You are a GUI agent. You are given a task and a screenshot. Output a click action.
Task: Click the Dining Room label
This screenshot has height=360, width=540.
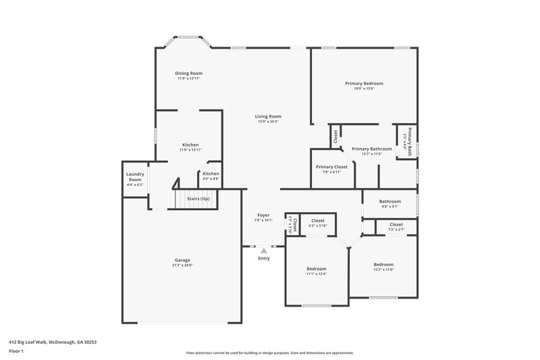pyautogui.click(x=189, y=73)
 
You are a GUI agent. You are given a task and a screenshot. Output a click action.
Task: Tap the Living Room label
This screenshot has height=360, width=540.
pyautogui.click(x=268, y=116)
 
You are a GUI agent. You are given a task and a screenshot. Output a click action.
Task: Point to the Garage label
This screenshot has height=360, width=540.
pyautogui.click(x=182, y=260)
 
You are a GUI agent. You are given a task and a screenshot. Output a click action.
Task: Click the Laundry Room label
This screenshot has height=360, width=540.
pyautogui.click(x=135, y=177)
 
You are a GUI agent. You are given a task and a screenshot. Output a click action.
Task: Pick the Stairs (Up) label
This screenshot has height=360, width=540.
pyautogui.click(x=198, y=199)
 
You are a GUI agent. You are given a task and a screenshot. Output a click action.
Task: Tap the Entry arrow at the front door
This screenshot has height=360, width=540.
pyautogui.click(x=263, y=251)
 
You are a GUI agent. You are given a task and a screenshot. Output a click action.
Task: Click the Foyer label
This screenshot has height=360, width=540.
pyautogui.click(x=263, y=215)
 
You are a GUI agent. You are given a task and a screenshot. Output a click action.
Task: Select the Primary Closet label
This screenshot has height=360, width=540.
pyautogui.click(x=331, y=166)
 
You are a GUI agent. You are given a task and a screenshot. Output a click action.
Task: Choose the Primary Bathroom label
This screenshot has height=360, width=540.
pyautogui.click(x=371, y=149)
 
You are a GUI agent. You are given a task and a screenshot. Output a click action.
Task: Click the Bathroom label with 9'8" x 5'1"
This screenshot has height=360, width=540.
pyautogui.click(x=389, y=201)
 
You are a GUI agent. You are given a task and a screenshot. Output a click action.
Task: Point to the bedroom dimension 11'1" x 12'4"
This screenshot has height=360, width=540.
pyautogui.click(x=316, y=274)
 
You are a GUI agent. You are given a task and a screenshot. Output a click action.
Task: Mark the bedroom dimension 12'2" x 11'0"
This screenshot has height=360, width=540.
pyautogui.click(x=383, y=269)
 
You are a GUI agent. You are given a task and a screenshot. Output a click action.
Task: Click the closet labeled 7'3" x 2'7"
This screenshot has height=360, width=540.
pyautogui.click(x=396, y=230)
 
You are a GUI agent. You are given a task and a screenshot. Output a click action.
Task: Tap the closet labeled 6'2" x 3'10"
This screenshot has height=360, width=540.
pyautogui.click(x=318, y=226)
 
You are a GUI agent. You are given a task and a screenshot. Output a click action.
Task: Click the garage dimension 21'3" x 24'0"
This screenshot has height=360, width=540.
pyautogui.click(x=182, y=265)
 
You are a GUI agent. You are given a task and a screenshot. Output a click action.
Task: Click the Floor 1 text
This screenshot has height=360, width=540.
pyautogui.click(x=16, y=352)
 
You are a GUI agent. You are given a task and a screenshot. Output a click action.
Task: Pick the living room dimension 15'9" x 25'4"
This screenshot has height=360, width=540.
pyautogui.click(x=268, y=122)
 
